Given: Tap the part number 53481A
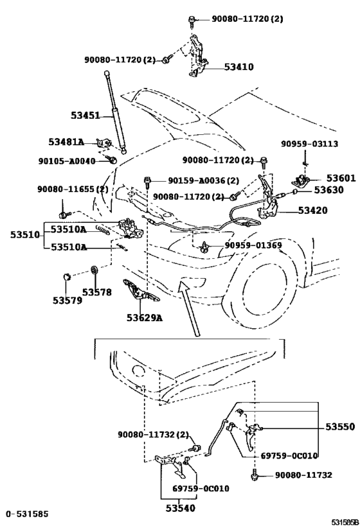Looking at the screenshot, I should (67, 142).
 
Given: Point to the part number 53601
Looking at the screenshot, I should (340, 178).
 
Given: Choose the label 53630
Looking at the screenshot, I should (330, 190).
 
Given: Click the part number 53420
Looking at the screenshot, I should (313, 209).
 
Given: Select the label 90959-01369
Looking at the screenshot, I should (253, 245).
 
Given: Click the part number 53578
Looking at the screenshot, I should (97, 292).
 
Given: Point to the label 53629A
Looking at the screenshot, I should (145, 317).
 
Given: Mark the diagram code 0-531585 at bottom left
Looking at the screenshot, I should (28, 514).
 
